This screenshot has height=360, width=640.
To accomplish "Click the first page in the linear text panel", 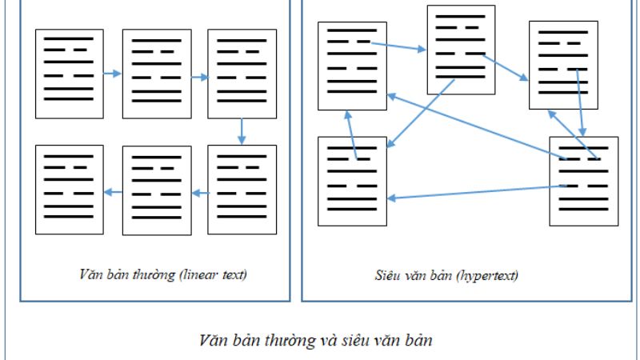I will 69,74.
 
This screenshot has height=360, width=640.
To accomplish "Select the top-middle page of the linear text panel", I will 156,74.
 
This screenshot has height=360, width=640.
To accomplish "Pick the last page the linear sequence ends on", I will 69,190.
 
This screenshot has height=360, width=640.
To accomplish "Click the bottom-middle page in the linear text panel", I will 156,190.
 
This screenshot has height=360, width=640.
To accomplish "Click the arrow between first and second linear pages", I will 113,74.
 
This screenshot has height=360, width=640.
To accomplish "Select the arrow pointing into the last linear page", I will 113,191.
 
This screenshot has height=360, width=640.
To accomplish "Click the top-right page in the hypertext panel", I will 562,65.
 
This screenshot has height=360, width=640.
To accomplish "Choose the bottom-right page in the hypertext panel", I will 583,181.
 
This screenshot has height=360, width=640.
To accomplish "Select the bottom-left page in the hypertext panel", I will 353,182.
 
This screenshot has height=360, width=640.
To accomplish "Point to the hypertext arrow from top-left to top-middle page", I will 398,46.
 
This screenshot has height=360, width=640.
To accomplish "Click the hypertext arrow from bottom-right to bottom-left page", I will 472,192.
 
